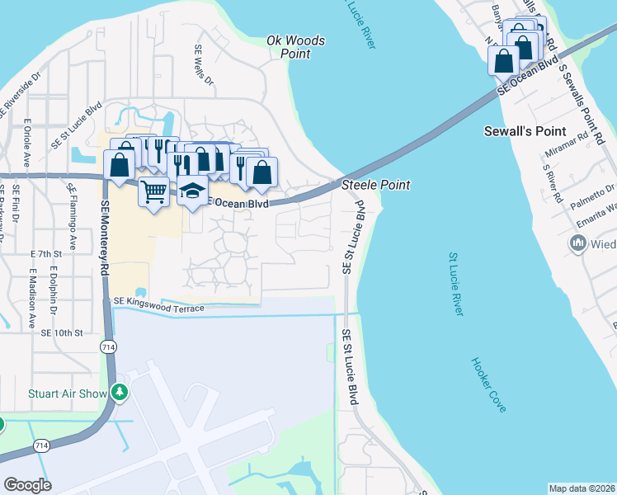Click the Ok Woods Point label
point(295,47)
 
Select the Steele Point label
point(375,186)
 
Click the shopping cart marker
point(153,193)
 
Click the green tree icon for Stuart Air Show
point(120,393)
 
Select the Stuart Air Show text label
point(68,394)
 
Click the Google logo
point(28,484)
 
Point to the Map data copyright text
point(582,488)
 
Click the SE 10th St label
point(62,332)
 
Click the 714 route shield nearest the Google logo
point(40,445)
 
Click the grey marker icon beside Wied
point(577,243)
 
